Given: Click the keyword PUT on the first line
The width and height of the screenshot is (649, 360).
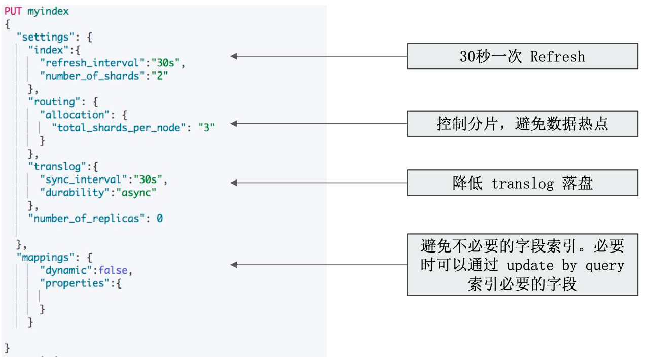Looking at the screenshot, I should tap(13, 11).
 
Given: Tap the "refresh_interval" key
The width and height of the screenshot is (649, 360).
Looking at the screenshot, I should tap(92, 63).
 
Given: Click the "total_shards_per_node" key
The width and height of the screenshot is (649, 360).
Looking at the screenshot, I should tap(119, 128).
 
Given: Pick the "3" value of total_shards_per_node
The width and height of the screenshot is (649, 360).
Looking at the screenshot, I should tap(206, 128).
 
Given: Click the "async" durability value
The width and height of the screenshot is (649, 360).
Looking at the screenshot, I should tap(136, 193).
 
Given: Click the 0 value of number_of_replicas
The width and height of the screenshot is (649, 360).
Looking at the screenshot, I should tap(159, 219).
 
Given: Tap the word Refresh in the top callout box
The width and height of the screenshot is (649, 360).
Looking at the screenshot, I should tap(557, 56).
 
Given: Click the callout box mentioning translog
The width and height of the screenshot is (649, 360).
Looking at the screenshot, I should tap(522, 183).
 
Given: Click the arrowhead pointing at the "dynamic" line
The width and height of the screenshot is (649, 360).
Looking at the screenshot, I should tap(234, 265).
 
